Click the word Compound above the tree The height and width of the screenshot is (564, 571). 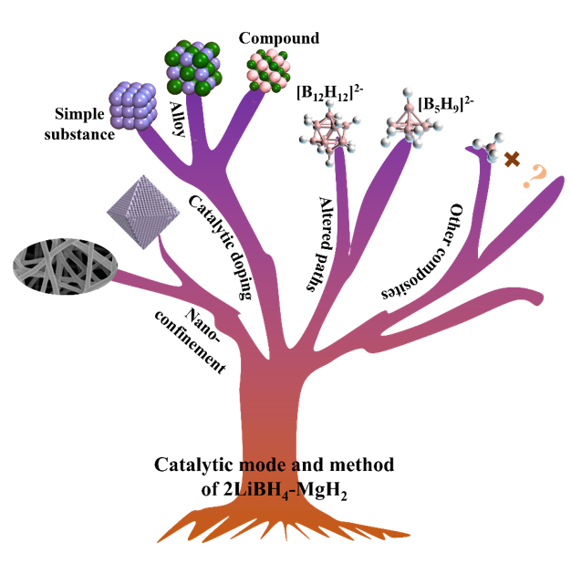point(278,38)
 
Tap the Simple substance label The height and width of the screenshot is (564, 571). point(85,126)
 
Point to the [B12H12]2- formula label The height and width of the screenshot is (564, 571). point(328,92)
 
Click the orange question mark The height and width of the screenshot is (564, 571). point(531,177)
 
